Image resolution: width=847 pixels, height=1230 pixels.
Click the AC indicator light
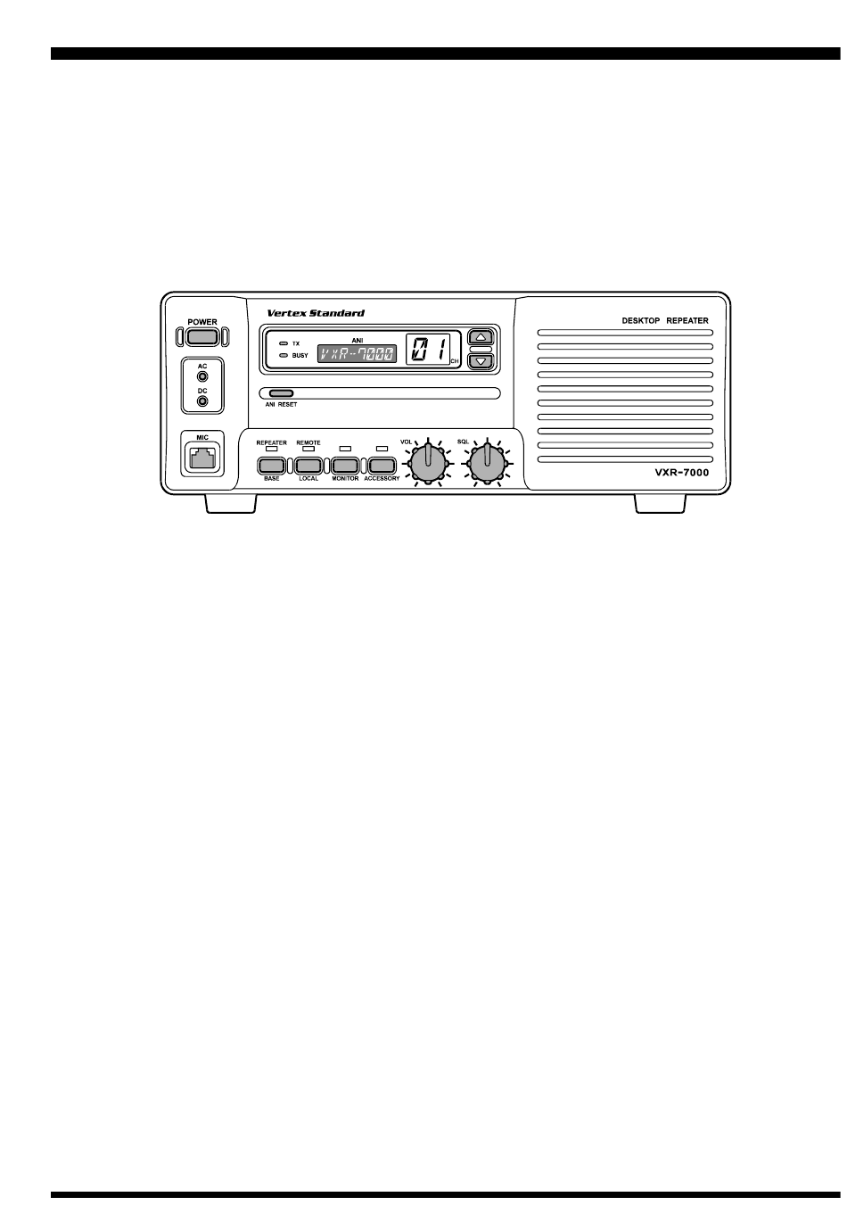202,376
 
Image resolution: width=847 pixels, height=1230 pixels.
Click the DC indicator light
202,401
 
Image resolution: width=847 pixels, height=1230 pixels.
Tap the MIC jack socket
202,458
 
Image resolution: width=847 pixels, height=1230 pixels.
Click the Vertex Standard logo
315,313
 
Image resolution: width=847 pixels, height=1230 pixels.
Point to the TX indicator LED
284,343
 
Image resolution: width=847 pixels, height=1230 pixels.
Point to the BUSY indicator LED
284,355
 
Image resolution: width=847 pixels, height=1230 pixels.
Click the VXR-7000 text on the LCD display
357,353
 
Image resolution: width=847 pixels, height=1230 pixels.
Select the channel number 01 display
428,349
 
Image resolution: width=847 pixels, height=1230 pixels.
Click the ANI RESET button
281,393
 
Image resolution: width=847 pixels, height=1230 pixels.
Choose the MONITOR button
345,466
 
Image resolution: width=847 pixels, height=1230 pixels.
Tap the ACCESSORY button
382,466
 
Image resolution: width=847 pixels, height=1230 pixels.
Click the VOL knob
428,463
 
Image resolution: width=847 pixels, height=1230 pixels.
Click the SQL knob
486,463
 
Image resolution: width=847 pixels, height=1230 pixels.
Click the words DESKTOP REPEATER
665,321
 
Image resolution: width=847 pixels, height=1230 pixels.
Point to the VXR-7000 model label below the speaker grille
681,472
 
